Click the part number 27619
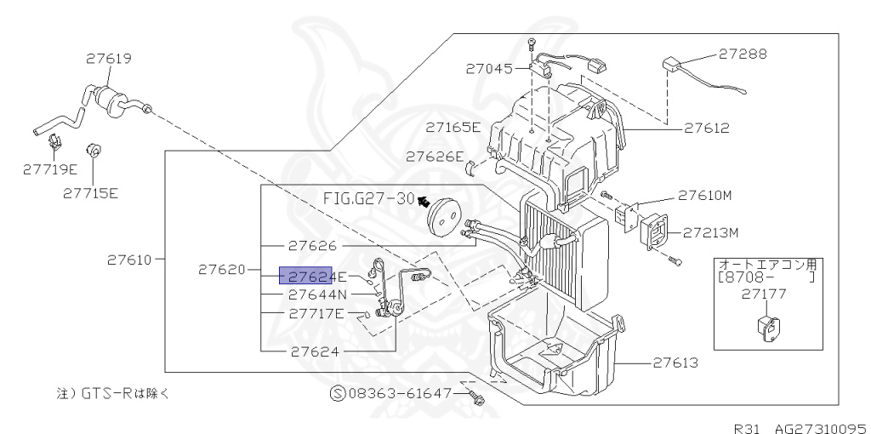pos(108,59)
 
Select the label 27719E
pos(50,169)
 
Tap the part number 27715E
pos(90,192)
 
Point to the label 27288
pos(742,53)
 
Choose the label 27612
pos(705,128)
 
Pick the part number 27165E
pos(453,128)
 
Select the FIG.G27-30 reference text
pos(368,198)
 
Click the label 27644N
pos(317,294)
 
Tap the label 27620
pos(222,270)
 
